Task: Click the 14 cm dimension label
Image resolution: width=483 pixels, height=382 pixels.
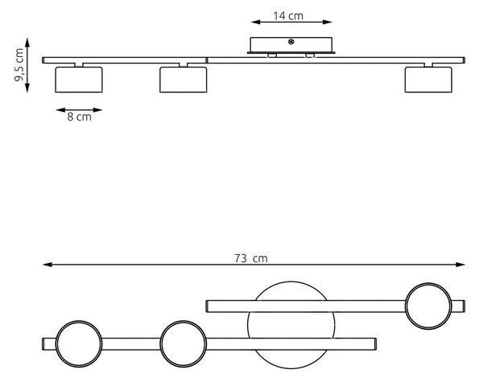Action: pyautogui.click(x=288, y=16)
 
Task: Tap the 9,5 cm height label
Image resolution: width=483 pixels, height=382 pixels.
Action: pyautogui.click(x=19, y=64)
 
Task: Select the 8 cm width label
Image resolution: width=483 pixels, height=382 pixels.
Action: pyautogui.click(x=79, y=117)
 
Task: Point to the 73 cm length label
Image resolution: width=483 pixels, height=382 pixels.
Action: pyautogui.click(x=250, y=258)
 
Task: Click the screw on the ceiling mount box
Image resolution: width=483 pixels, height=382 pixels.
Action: pyautogui.click(x=291, y=42)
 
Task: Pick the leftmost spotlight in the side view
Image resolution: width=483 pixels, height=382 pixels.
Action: pyautogui.click(x=79, y=80)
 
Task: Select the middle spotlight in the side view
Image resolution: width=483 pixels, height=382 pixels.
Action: pyautogui.click(x=184, y=80)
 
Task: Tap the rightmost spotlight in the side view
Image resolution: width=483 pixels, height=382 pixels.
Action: pyautogui.click(x=428, y=80)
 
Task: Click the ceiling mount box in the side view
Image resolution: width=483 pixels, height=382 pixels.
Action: pyautogui.click(x=291, y=45)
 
